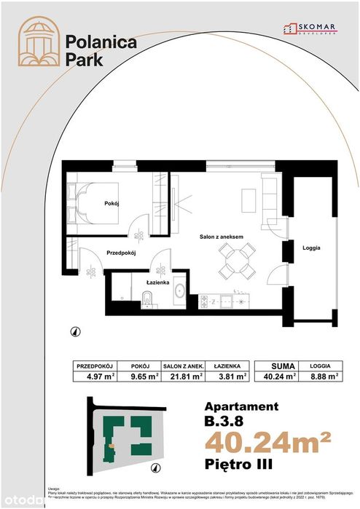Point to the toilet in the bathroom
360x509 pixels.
point(146,296)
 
